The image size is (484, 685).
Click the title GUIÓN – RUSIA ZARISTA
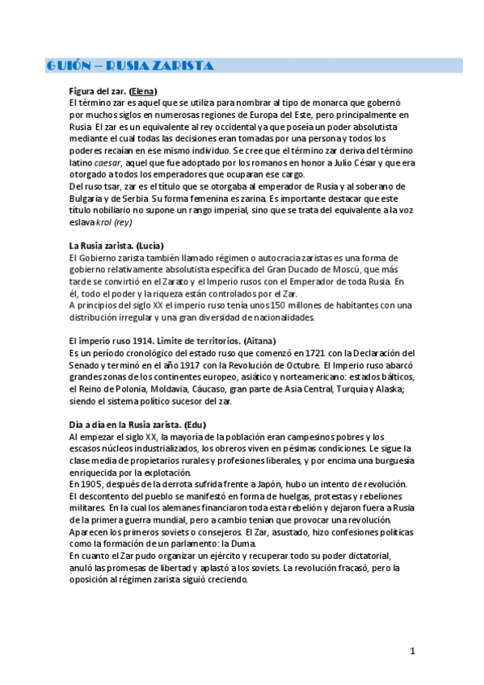(x=128, y=65)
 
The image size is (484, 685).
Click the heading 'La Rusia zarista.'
(x=101, y=245)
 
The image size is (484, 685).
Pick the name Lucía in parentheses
(x=150, y=245)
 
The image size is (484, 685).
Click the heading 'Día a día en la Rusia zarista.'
(x=124, y=424)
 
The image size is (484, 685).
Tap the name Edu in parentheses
(x=195, y=424)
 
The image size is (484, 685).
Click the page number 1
(x=412, y=651)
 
